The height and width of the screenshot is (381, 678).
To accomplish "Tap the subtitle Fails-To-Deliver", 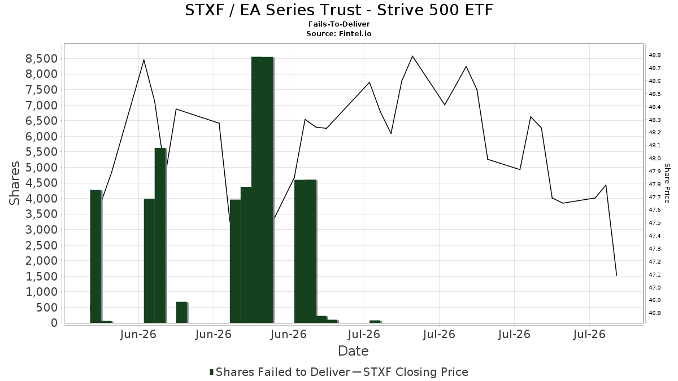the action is pyautogui.click(x=339, y=24).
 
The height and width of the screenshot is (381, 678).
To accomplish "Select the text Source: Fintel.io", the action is pyautogui.click(x=338, y=33).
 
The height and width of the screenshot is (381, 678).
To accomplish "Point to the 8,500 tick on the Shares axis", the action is pyautogui.click(x=41, y=58).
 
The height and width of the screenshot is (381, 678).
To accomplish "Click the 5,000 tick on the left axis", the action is pyautogui.click(x=41, y=168).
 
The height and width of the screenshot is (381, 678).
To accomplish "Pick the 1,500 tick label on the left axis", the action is pyautogui.click(x=41, y=277).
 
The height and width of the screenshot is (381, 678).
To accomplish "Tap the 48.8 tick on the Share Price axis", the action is pyautogui.click(x=655, y=55).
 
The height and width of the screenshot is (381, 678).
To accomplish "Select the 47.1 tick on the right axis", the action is pyautogui.click(x=655, y=274).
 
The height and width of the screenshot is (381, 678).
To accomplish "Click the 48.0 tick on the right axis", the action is pyautogui.click(x=655, y=159).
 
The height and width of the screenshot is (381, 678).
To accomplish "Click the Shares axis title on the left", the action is pyautogui.click(x=14, y=183).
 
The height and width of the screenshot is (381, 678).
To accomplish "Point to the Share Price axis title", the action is pyautogui.click(x=667, y=183).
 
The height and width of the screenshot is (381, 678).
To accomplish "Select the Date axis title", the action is pyautogui.click(x=353, y=351).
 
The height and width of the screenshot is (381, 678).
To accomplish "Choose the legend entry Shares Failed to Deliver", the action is pyautogui.click(x=280, y=372).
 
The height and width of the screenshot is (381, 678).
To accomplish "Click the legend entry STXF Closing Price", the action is pyautogui.click(x=410, y=372).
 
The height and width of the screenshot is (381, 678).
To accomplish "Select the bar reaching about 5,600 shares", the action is pyautogui.click(x=160, y=235).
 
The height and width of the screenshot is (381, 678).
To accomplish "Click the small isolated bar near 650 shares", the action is pyautogui.click(x=182, y=312).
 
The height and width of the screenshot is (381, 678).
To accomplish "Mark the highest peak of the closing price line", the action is pyautogui.click(x=412, y=56).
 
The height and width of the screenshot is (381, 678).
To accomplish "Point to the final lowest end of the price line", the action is pyautogui.click(x=616, y=275).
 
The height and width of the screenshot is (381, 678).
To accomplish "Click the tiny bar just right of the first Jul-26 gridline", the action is pyautogui.click(x=375, y=321).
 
